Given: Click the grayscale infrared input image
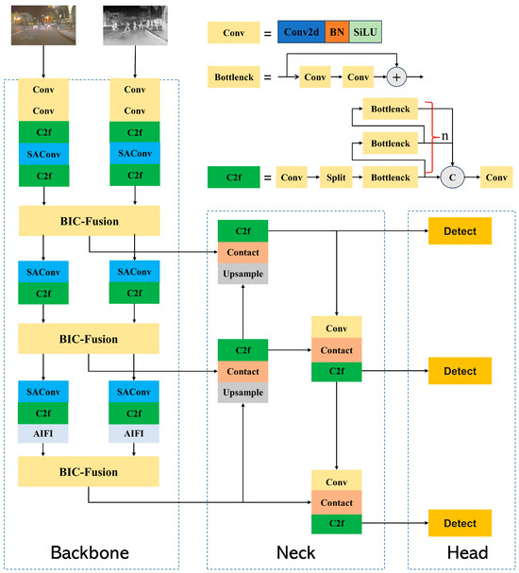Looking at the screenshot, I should click(x=135, y=25).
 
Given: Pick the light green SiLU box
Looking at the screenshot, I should click(x=364, y=33).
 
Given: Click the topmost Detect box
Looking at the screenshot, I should click(x=460, y=231).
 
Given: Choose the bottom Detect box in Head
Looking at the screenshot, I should click(x=460, y=522).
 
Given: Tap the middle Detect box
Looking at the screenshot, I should click(x=460, y=371).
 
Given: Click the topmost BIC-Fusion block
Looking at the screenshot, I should click(x=89, y=222).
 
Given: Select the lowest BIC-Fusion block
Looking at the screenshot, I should click(x=89, y=469).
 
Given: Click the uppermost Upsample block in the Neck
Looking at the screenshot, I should click(x=243, y=274).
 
